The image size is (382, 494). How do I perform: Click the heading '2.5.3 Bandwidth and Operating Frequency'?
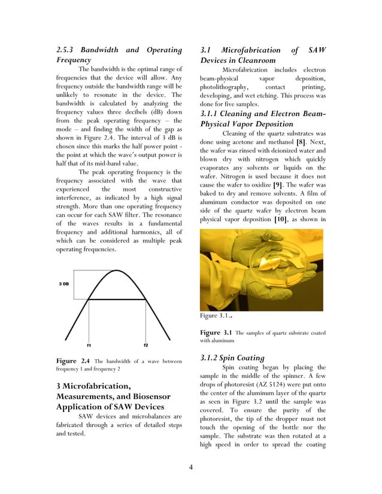pyautogui.click(x=119, y=54)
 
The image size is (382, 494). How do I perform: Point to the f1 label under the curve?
pyautogui.click(x=88, y=345)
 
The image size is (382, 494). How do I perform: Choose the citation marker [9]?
pyautogui.click(x=278, y=185)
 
